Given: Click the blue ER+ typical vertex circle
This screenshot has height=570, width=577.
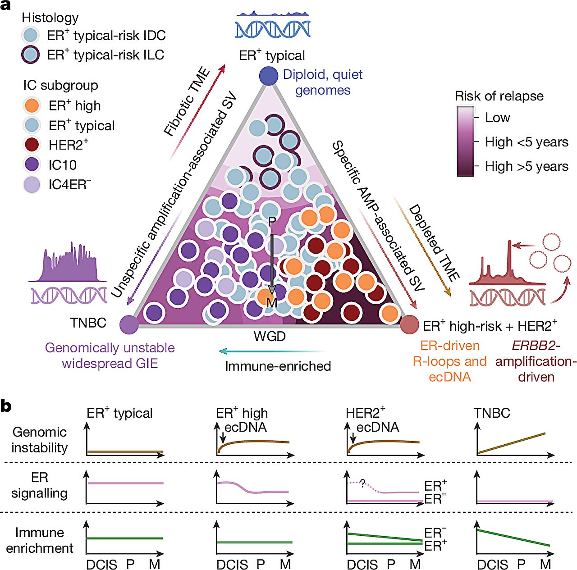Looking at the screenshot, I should [269, 76].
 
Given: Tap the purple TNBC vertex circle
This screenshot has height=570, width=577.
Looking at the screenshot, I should [129, 324].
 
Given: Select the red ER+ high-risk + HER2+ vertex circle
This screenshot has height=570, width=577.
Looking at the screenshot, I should [409, 324].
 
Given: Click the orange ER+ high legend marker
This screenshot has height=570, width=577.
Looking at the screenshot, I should [32, 106].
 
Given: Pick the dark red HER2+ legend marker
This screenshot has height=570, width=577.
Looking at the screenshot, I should [32, 145].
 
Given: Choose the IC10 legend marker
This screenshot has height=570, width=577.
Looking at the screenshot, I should [32, 164].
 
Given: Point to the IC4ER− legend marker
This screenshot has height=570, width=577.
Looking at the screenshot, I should [32, 184].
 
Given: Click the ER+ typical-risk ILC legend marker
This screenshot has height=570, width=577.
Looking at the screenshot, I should [31, 55].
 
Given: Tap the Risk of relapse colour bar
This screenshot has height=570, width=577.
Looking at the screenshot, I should [465, 141].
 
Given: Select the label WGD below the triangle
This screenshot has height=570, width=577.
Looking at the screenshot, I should [270, 336].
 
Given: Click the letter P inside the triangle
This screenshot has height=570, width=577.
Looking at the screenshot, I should [271, 222].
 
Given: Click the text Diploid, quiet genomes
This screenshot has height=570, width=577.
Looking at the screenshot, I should [323, 82].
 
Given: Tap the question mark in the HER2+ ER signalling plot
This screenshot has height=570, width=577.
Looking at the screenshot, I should [362, 484].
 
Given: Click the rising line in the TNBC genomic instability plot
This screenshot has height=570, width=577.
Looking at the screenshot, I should [512, 443].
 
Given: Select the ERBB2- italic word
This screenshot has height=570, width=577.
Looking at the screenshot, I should [536, 346].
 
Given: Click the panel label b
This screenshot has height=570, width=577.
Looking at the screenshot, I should [6, 406].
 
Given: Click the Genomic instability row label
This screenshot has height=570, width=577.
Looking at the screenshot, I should [40, 440].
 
